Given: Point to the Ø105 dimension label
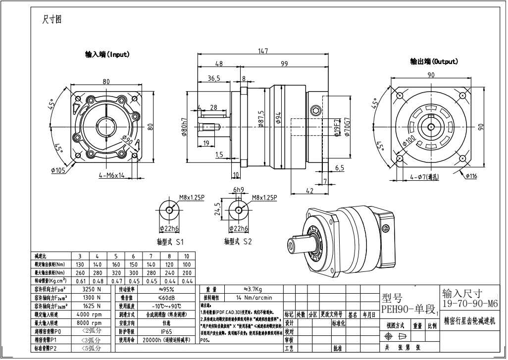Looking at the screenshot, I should tap(58, 171).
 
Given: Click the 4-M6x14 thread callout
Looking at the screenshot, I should tap(112, 175).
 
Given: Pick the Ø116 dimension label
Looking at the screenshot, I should tap(471, 176).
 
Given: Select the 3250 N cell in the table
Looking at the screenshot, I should tap(91, 289).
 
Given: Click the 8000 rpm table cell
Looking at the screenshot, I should tap(90, 322).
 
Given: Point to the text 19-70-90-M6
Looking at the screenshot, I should tap(470, 303).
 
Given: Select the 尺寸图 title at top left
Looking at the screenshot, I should tap(52, 20).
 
